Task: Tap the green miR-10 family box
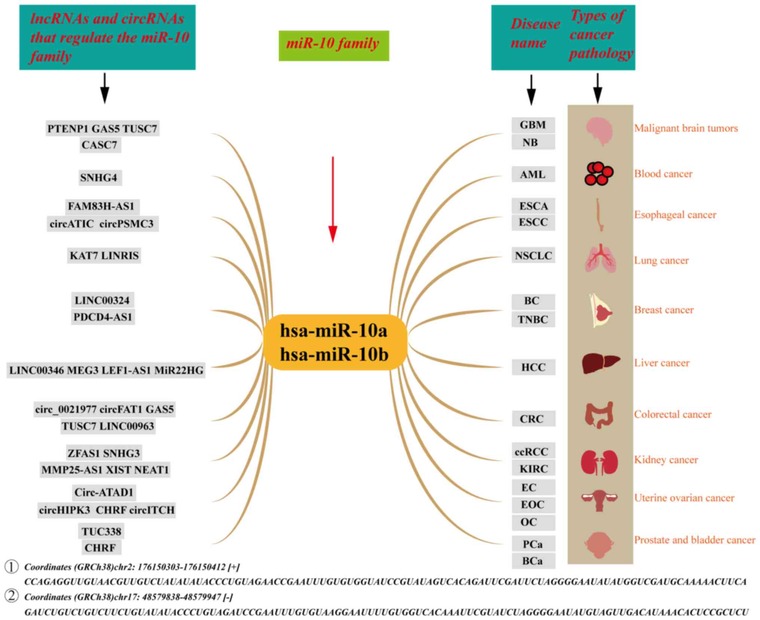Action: point(334,46)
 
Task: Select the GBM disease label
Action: point(533,125)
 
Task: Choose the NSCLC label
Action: point(533,256)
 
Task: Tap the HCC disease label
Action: point(533,367)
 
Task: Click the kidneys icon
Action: point(599,462)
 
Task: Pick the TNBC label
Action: point(533,320)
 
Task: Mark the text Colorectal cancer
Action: point(672,414)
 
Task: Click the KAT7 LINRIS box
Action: point(104,256)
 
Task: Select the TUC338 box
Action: point(102,531)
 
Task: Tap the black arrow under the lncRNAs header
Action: point(105,88)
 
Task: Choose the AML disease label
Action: point(533,174)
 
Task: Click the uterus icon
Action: point(599,500)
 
